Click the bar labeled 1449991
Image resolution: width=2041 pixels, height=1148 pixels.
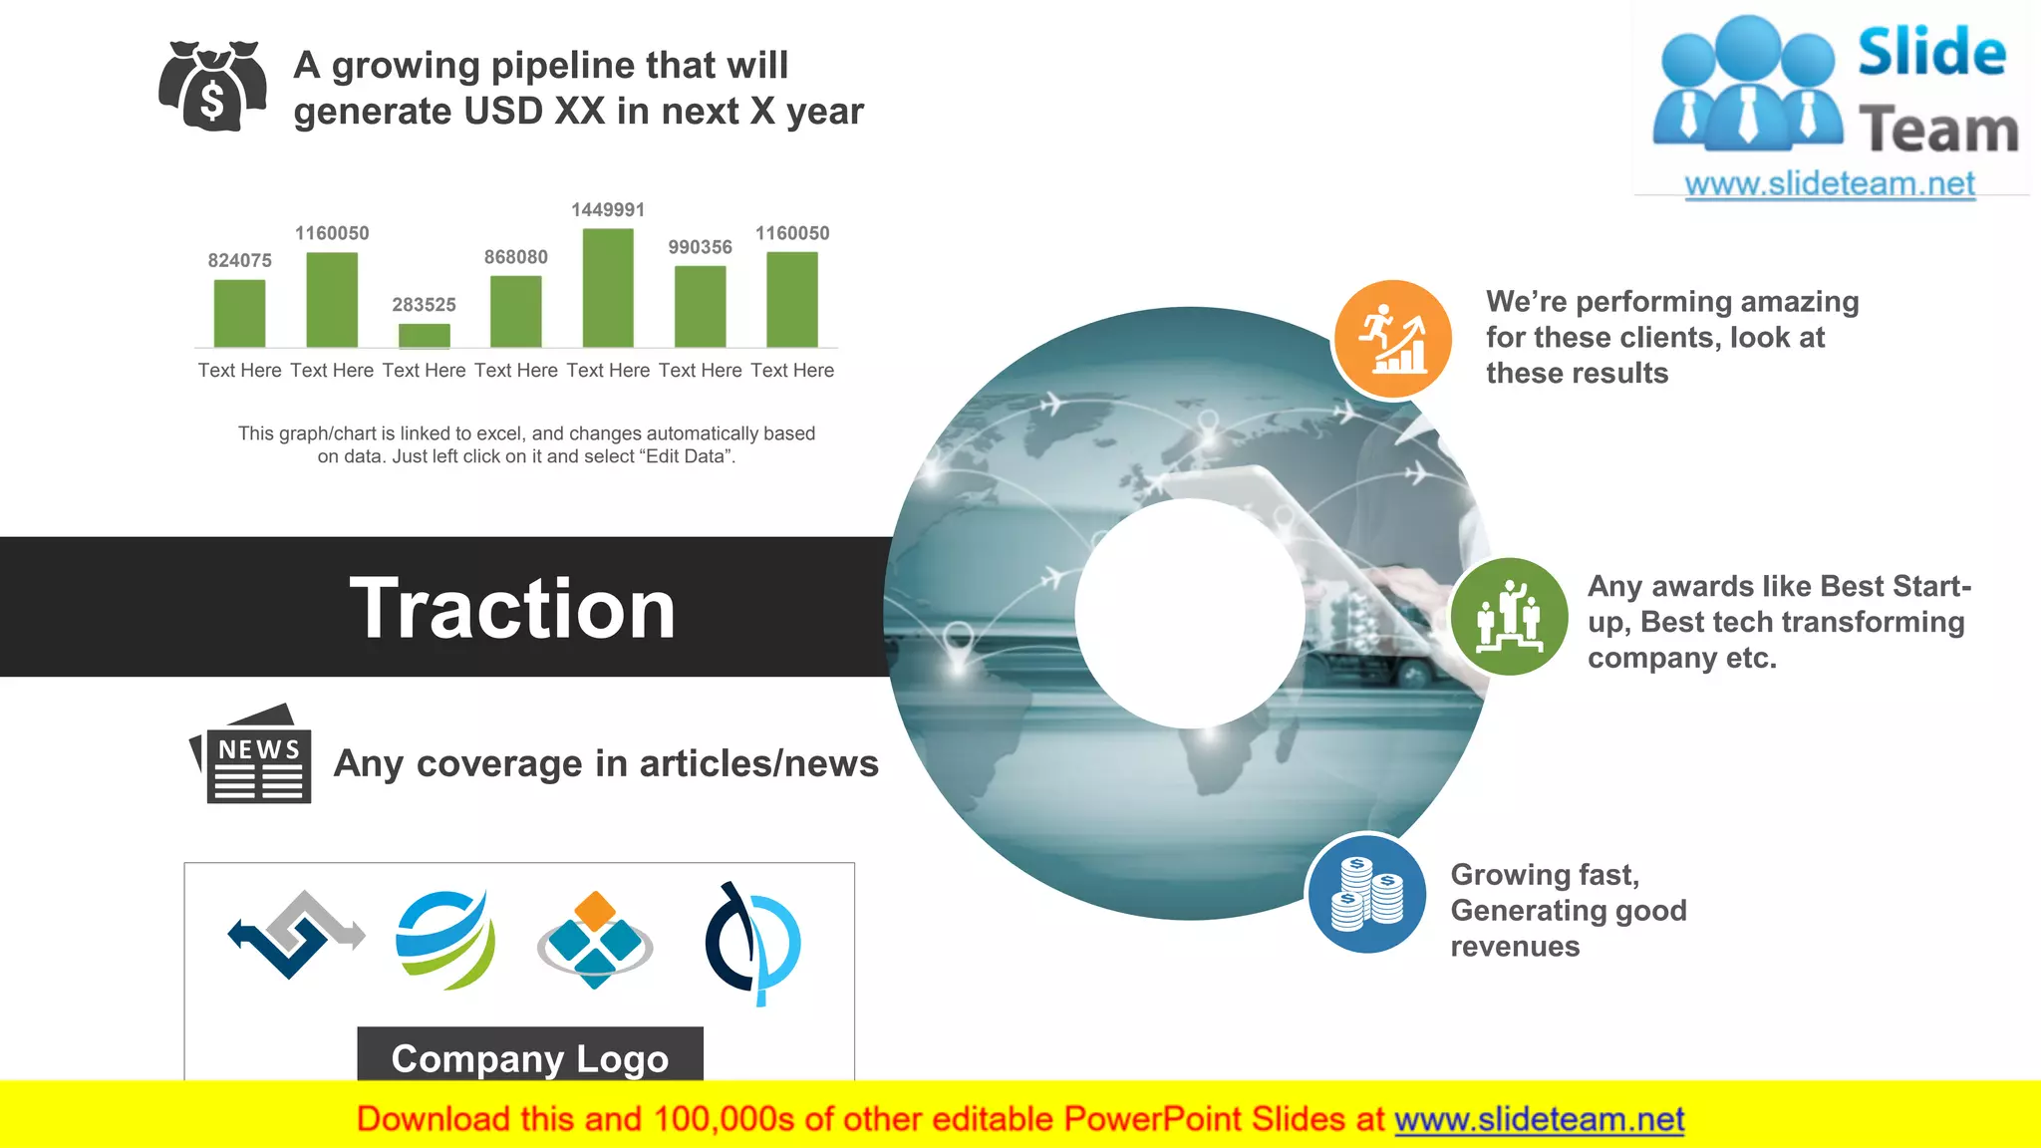click(x=608, y=288)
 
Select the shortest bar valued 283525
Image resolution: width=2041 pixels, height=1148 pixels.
click(x=424, y=336)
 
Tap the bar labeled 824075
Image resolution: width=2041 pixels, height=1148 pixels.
click(x=239, y=313)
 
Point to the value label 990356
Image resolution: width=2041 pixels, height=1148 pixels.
click(x=700, y=247)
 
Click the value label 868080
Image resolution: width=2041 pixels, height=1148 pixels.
click(x=515, y=257)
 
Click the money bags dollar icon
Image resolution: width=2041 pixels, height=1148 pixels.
click(x=212, y=87)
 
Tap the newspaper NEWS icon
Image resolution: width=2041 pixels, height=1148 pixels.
click(x=252, y=755)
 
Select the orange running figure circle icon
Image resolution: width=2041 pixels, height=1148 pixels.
click(x=1392, y=340)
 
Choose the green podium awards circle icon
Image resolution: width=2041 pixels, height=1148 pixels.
click(x=1509, y=617)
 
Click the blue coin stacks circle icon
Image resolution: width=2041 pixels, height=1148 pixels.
click(x=1367, y=894)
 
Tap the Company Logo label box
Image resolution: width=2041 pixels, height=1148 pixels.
click(x=529, y=1056)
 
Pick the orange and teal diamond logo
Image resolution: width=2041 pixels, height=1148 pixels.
click(x=595, y=940)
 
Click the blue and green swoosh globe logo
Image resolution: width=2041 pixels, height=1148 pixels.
click(x=444, y=940)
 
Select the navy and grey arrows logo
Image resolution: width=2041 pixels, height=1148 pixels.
click(x=296, y=935)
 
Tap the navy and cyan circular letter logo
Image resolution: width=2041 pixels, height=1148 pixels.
click(x=752, y=943)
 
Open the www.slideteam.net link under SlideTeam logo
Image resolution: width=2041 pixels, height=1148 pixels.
click(x=1830, y=184)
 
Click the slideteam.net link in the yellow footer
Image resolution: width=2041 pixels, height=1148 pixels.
click(x=1539, y=1120)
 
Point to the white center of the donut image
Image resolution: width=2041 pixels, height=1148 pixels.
click(x=1190, y=613)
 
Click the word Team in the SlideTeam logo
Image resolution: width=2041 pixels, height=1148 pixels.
click(x=1937, y=131)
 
